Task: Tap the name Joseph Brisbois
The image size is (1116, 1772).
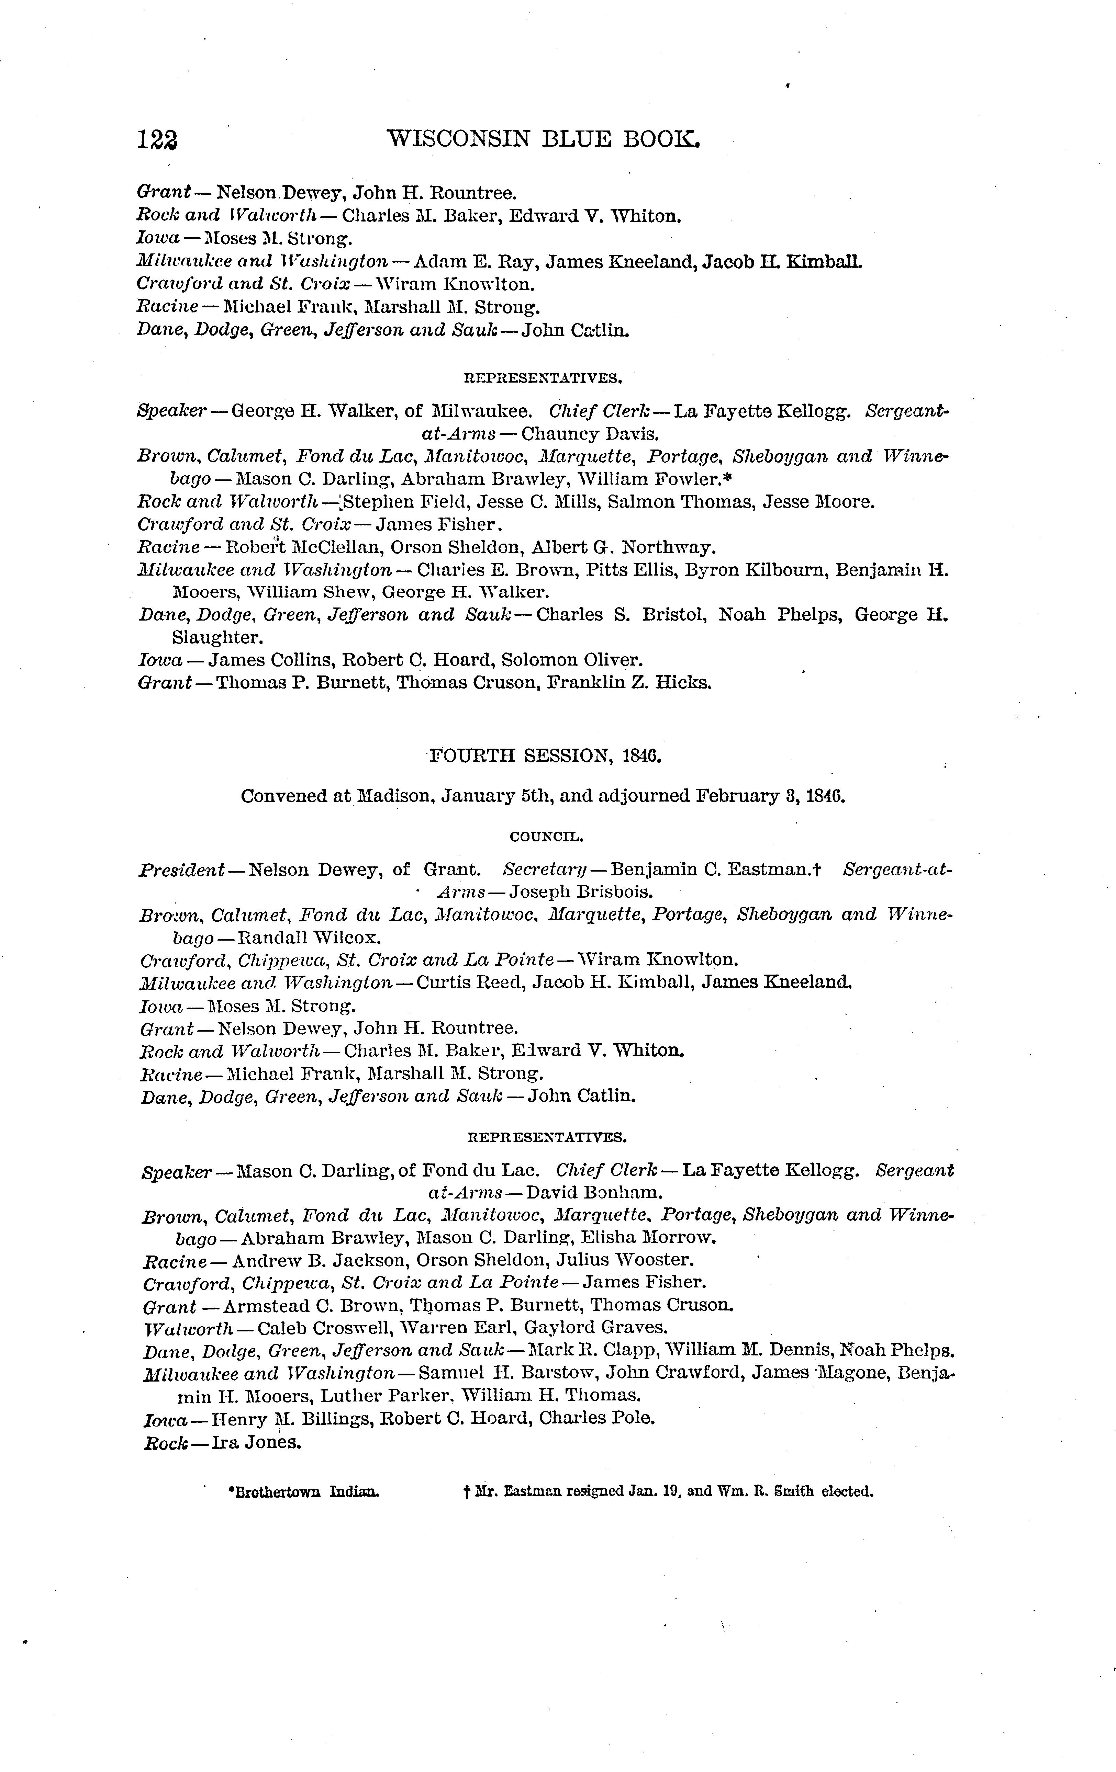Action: click(582, 893)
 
